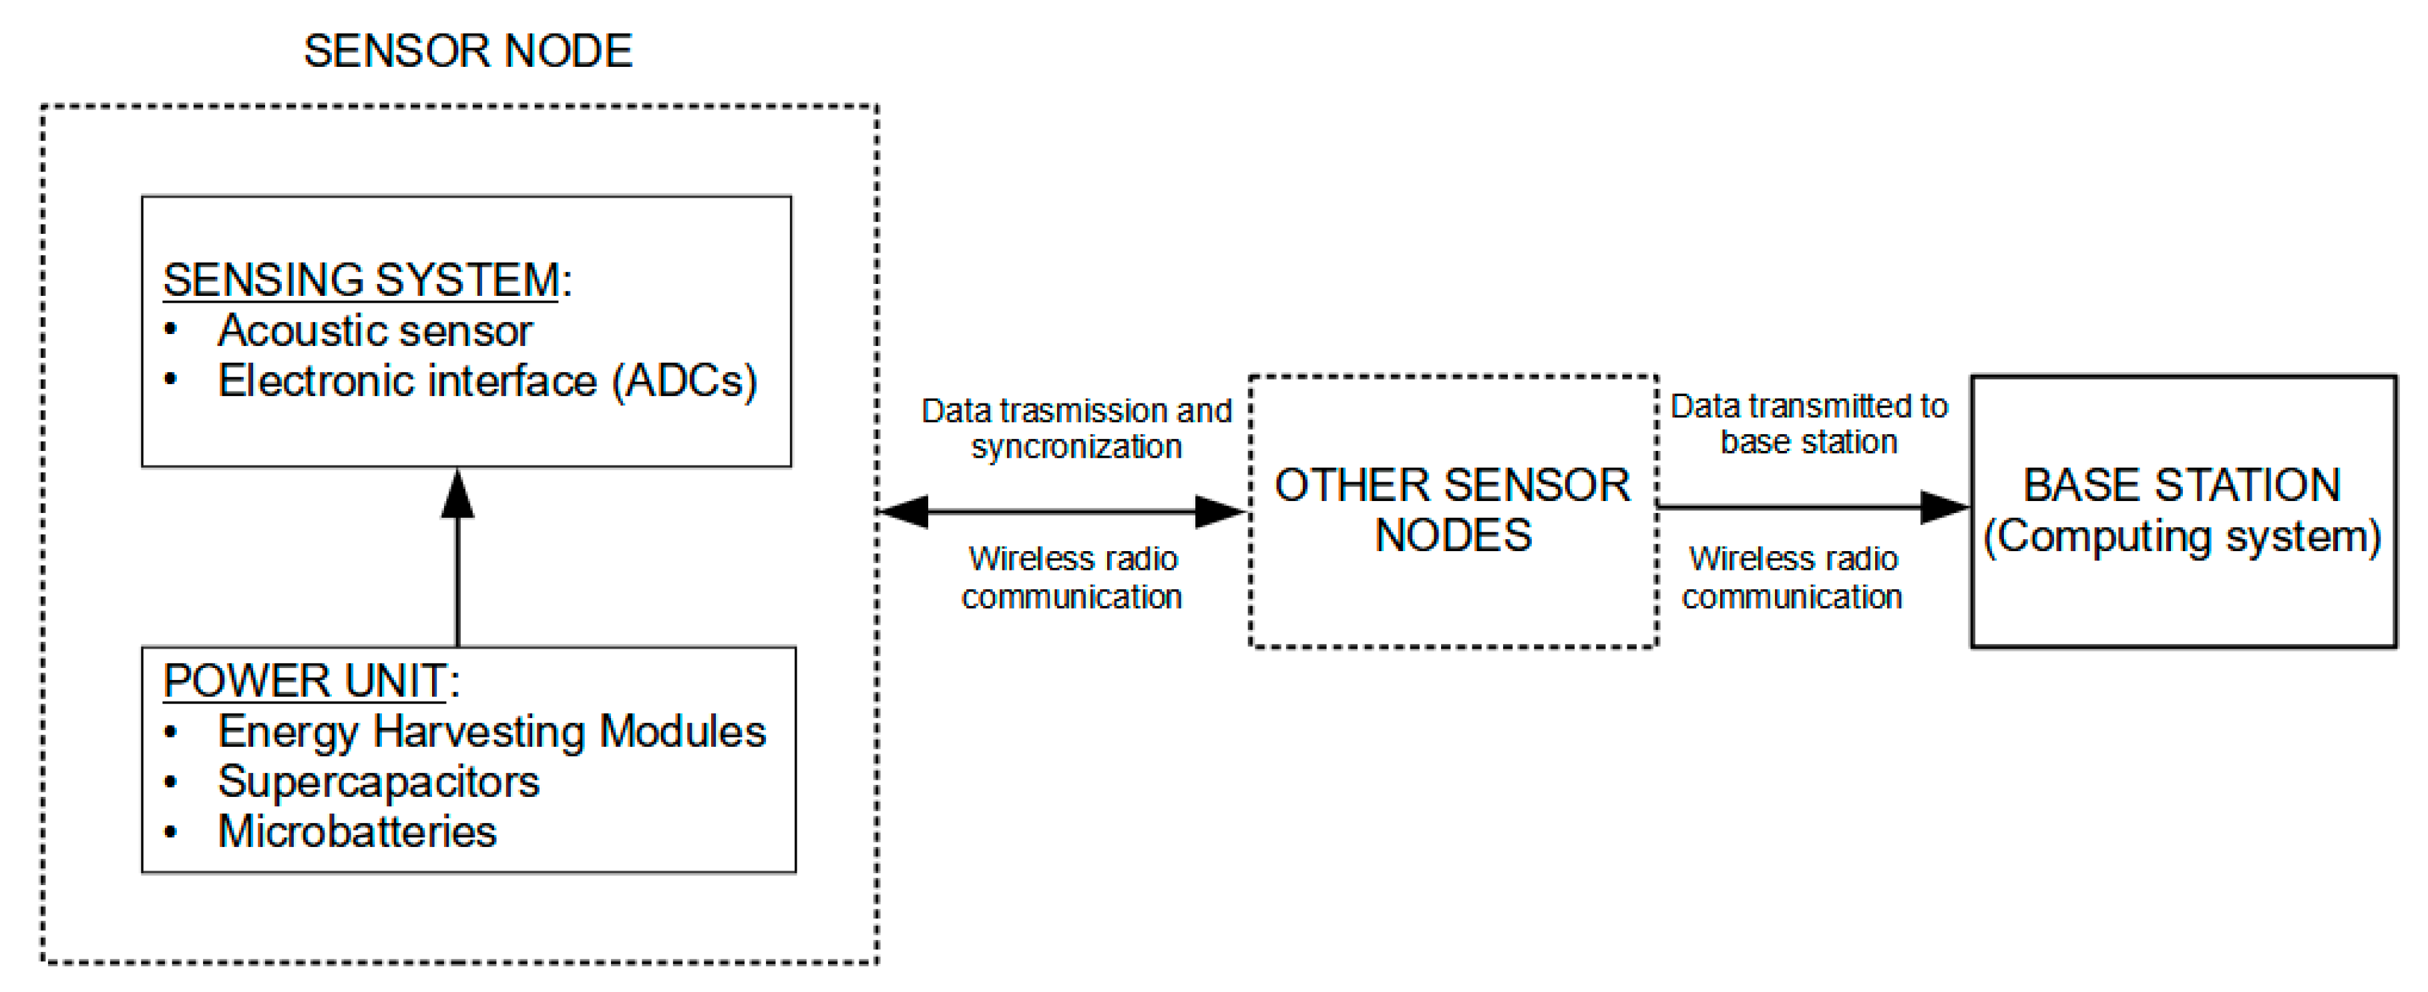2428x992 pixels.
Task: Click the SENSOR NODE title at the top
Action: point(467,51)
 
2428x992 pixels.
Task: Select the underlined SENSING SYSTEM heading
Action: point(361,280)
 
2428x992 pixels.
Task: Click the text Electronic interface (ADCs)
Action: point(487,381)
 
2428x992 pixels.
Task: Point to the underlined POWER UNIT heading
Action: point(303,681)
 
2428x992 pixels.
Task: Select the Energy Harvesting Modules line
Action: point(491,731)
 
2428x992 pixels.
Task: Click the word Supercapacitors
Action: point(378,782)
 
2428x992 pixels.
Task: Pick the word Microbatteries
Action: point(357,832)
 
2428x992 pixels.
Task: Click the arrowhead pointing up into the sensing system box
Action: point(458,494)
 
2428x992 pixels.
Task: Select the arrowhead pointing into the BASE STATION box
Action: point(1945,507)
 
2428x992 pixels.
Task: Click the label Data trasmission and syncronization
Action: point(1076,428)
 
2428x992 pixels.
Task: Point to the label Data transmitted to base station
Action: point(1808,424)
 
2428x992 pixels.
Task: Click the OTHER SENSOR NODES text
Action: point(1452,510)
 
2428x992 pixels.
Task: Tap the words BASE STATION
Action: point(2182,485)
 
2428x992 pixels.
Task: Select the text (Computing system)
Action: point(2182,536)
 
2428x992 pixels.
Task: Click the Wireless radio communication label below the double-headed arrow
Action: point(1072,577)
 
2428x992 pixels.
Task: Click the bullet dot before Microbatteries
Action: point(170,832)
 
